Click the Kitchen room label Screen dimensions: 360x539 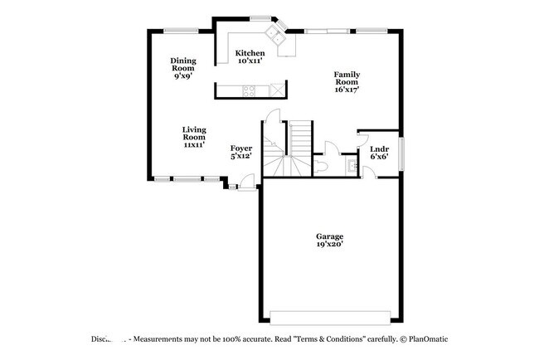tap(250, 53)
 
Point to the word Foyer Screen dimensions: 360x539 tap(241, 148)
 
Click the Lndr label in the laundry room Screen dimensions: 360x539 tap(379, 148)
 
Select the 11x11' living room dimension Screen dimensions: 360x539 tap(195, 144)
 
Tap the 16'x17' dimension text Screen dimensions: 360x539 tap(347, 90)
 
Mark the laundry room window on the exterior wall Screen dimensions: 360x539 tap(403, 153)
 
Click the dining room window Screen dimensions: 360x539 tap(180, 31)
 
